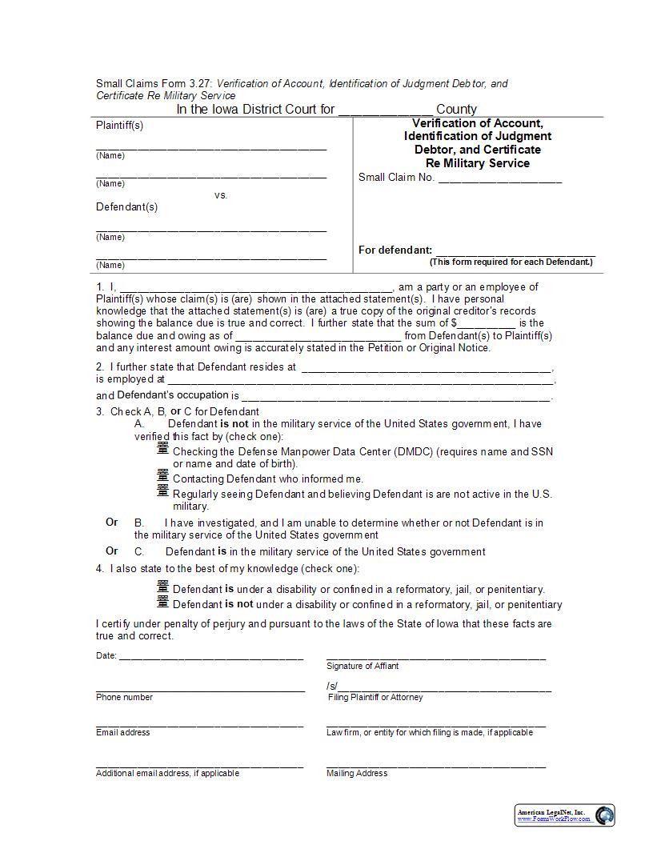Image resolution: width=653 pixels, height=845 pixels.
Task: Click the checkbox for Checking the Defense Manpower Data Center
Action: point(163,449)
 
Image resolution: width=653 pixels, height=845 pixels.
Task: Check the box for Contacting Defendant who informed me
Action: point(163,477)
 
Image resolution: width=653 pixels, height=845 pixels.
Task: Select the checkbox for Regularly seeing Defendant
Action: point(163,491)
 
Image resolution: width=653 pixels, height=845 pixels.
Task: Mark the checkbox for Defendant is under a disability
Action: point(163,587)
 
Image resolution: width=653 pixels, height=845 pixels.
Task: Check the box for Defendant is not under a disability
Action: point(163,602)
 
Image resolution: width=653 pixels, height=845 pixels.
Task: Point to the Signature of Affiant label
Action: point(363,666)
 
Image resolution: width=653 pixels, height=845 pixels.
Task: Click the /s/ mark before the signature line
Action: point(332,687)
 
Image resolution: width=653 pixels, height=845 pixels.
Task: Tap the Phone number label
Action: point(124,697)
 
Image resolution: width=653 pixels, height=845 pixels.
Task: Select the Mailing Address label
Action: point(357,773)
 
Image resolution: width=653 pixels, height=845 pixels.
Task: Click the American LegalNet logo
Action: point(564,815)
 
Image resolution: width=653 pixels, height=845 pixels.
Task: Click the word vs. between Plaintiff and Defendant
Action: point(221,195)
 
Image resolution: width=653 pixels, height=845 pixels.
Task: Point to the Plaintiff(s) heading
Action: point(120,126)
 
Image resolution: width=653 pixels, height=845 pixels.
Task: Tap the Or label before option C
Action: point(112,551)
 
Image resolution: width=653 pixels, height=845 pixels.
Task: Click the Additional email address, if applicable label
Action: point(167,773)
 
